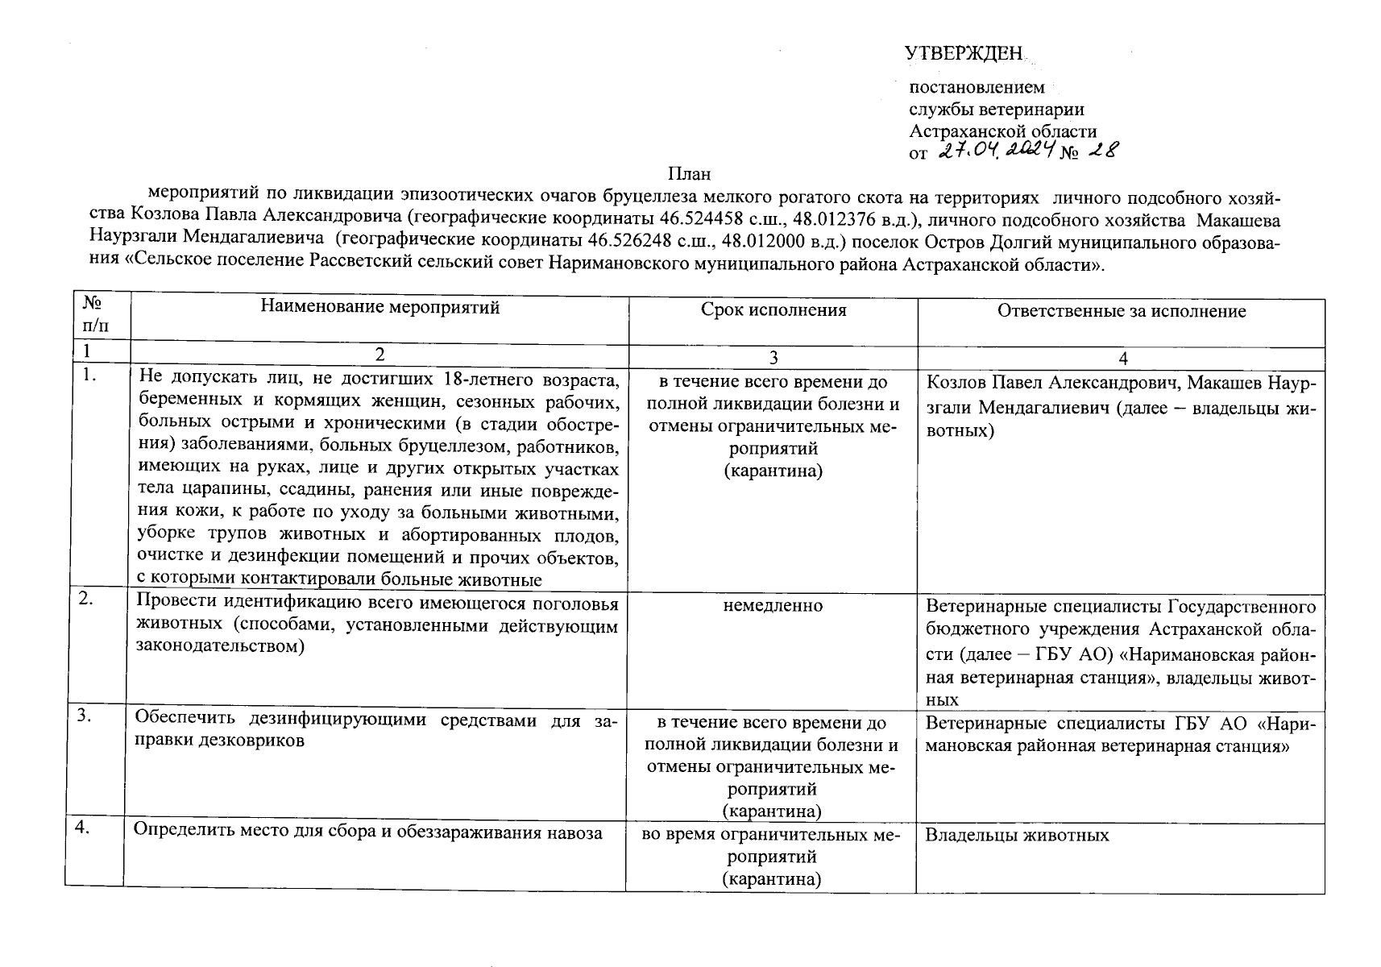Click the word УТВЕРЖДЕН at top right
click(x=964, y=54)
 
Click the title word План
click(x=690, y=173)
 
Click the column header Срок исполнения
click(x=773, y=310)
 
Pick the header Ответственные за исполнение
click(x=1121, y=311)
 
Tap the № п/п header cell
click(x=95, y=314)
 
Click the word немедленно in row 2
click(x=773, y=605)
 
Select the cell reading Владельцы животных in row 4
click(x=1017, y=835)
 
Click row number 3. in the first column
click(x=85, y=716)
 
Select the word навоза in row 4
click(x=576, y=833)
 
